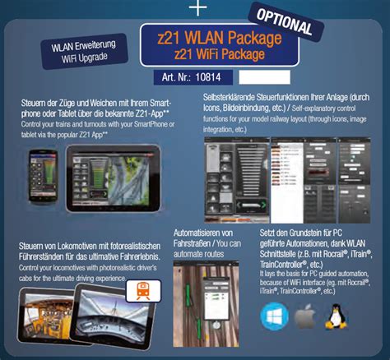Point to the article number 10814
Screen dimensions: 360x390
[x=212, y=76]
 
